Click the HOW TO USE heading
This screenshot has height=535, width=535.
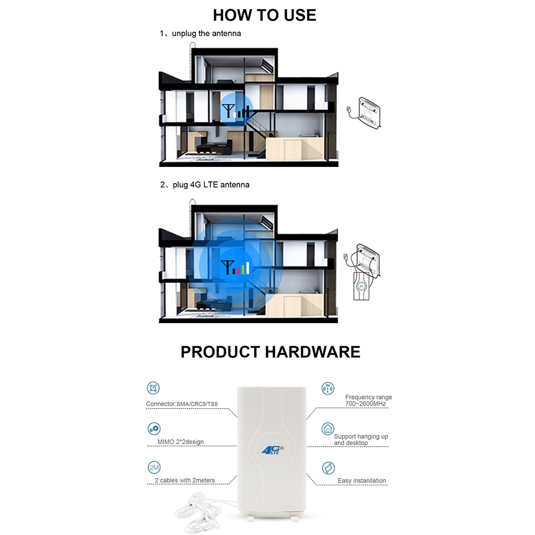coord(265,14)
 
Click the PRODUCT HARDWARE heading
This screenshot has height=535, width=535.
coord(270,351)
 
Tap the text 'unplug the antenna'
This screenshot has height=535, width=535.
coord(206,33)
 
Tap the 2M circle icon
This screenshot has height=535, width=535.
coord(154,468)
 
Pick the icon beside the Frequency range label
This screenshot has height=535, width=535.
coord(327,388)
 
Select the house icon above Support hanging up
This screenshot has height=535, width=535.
coord(327,429)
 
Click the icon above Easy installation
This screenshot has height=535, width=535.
coord(327,469)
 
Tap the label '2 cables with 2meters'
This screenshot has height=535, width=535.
coord(185,480)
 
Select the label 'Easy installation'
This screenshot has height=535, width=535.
coord(362,481)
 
